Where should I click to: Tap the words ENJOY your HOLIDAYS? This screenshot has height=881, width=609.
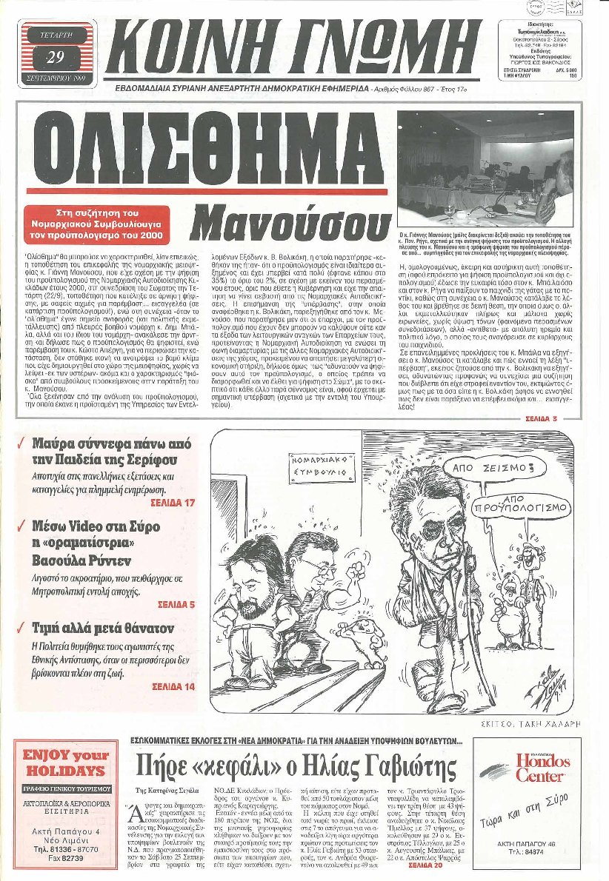67,762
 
